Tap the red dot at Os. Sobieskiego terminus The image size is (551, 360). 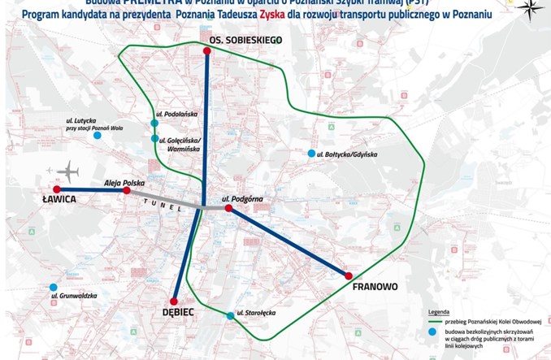point(208,50)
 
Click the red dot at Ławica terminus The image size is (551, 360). point(57,189)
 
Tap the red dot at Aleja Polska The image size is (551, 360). point(126,192)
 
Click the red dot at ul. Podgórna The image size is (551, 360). point(228,209)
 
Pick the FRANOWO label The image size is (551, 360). point(374,287)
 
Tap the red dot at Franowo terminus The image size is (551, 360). point(349,275)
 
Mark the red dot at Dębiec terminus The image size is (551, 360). point(174,299)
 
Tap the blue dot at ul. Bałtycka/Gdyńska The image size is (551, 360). point(310,154)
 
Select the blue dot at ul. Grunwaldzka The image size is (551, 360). point(54,287)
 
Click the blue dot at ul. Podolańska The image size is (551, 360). point(154,124)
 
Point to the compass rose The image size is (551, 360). point(530,10)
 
